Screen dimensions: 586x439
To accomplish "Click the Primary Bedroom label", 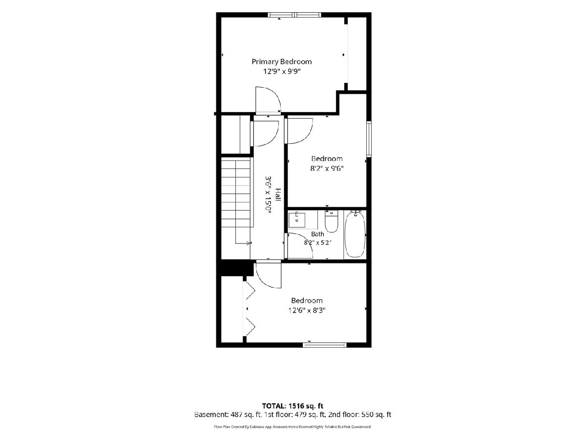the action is click(x=282, y=62).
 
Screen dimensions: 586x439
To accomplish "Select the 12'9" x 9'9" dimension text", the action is click(x=282, y=71).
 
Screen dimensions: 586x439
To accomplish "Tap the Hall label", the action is click(x=278, y=195).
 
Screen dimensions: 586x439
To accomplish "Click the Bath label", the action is click(x=317, y=234).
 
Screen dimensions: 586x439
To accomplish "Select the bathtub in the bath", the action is click(x=355, y=234).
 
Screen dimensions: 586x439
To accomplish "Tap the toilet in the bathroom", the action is click(x=331, y=221).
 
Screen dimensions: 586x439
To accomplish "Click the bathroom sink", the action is click(x=296, y=220).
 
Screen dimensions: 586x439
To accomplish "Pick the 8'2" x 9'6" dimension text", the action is click(x=327, y=168).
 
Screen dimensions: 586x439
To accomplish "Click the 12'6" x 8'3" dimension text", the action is click(x=307, y=310).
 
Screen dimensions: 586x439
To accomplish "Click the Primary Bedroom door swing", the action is click(x=268, y=100).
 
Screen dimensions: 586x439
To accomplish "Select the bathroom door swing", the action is click(x=299, y=245).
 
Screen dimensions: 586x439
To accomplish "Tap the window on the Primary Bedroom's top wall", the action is click(x=294, y=15).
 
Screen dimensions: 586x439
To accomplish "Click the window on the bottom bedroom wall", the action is click(x=325, y=345).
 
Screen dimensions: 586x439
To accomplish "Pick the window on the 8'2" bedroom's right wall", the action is click(x=369, y=139).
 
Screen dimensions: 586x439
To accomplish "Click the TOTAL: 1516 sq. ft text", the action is click(x=293, y=406).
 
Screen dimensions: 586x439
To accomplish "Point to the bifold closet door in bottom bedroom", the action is click(x=249, y=309).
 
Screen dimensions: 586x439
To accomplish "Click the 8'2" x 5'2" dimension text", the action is click(x=317, y=243).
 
